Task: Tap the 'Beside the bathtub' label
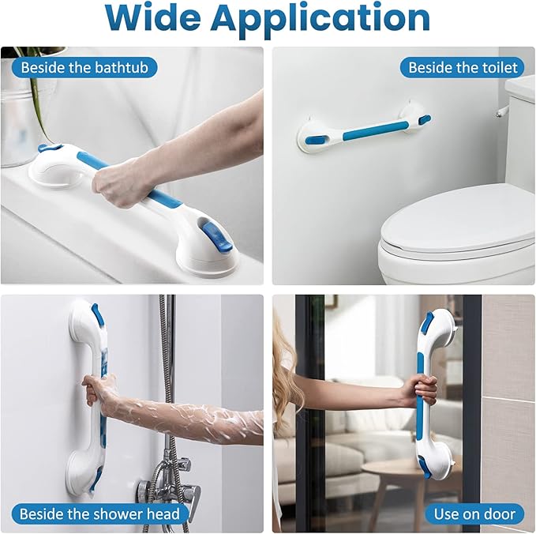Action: point(84,67)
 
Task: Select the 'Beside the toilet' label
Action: point(461,67)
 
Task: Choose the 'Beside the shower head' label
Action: point(99,513)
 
